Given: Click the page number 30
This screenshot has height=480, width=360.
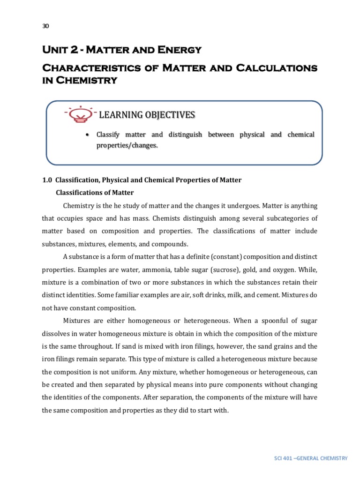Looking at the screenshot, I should click(x=45, y=26).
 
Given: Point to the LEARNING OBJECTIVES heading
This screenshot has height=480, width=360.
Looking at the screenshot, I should click(x=147, y=115).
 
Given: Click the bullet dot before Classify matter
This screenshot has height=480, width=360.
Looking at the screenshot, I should click(x=87, y=135).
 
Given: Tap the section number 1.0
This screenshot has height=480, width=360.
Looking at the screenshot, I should click(x=47, y=180).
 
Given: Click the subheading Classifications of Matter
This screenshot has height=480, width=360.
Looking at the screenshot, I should click(x=95, y=193).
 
